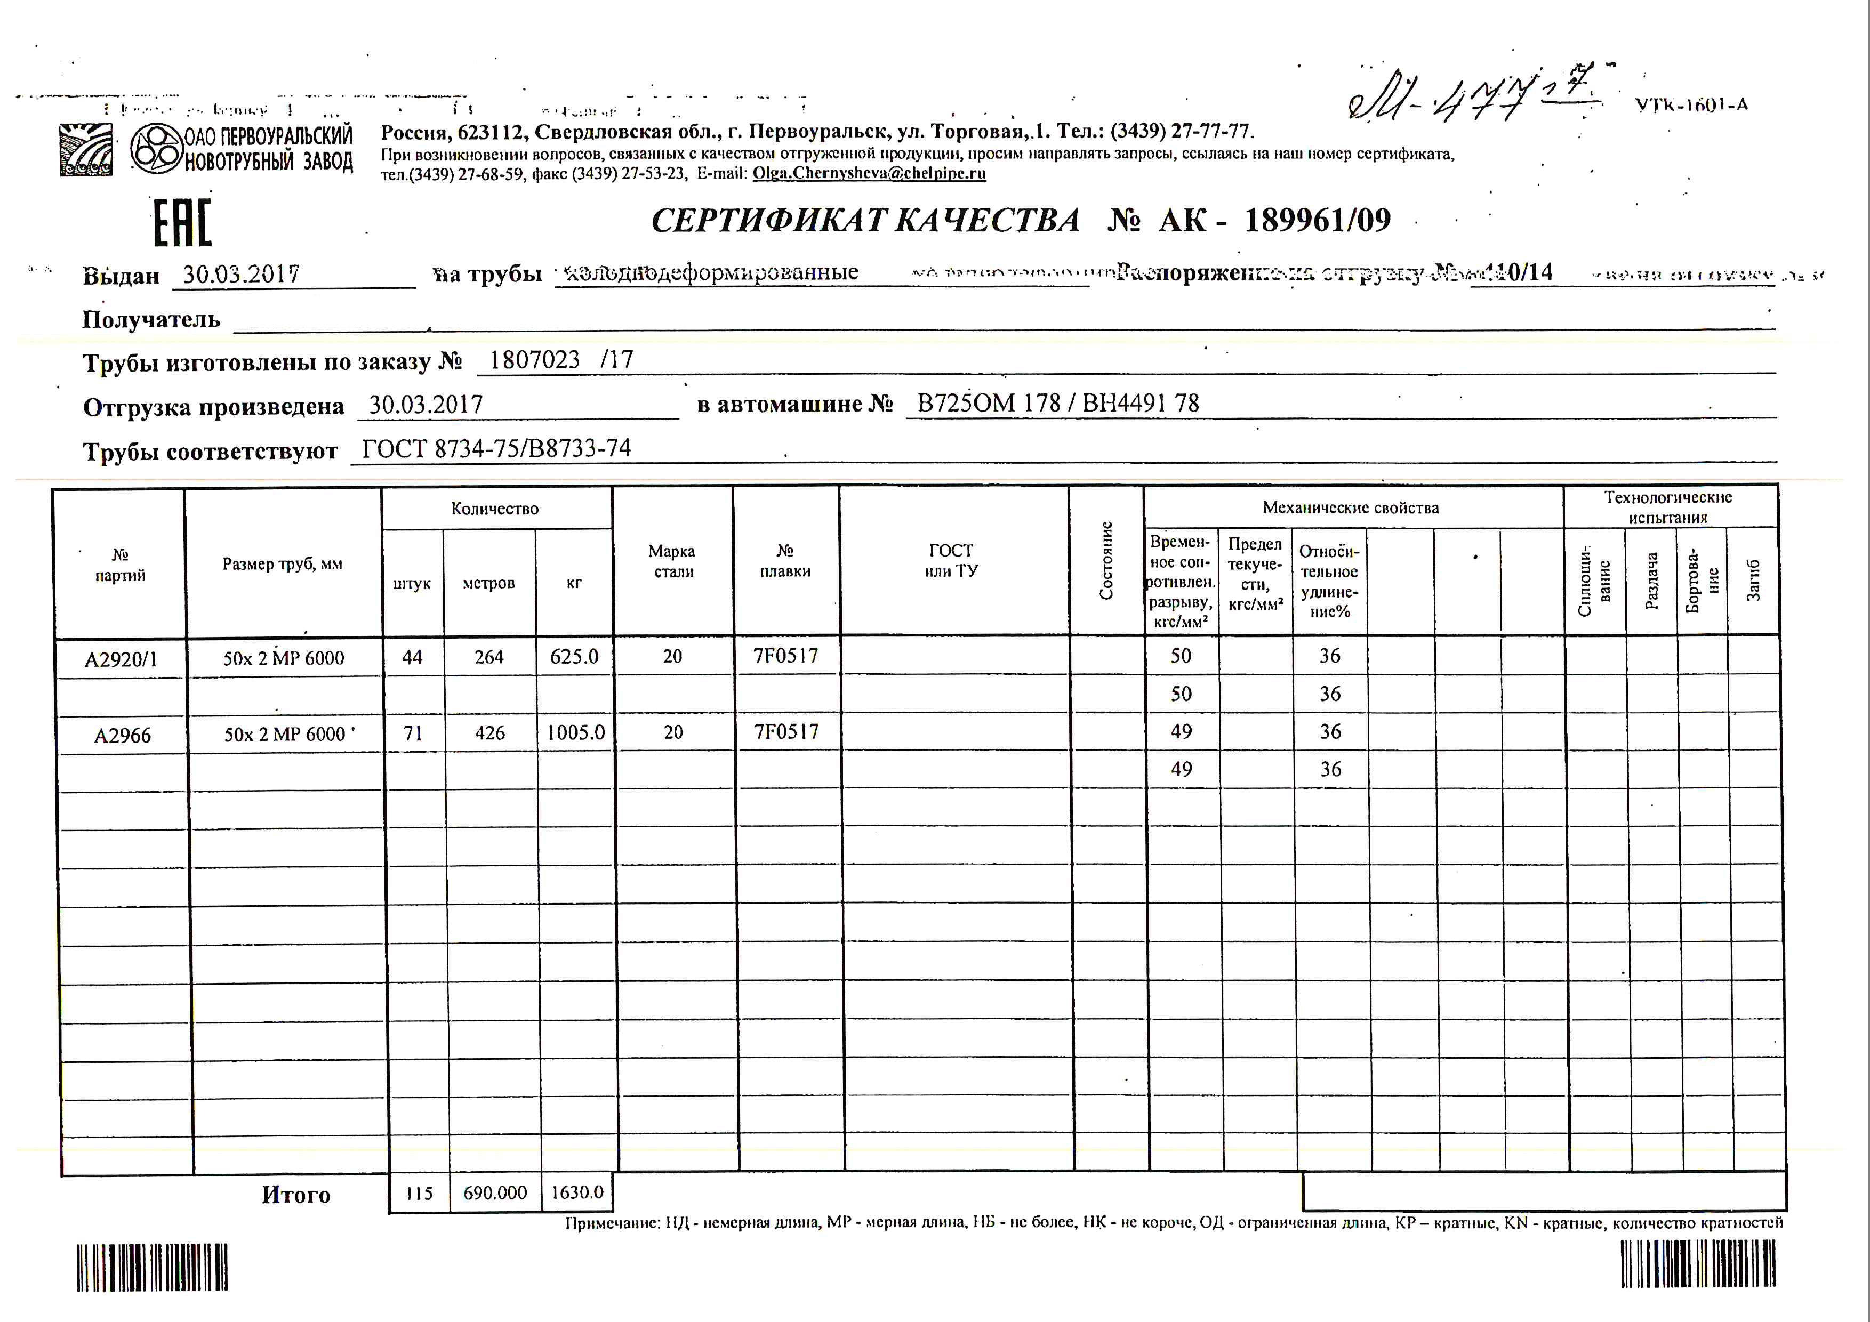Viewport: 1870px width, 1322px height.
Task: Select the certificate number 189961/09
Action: (x=1317, y=220)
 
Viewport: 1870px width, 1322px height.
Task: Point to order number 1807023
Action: (x=534, y=360)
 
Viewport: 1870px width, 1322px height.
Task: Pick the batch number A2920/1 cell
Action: (x=121, y=658)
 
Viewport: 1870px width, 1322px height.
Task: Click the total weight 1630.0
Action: (x=576, y=1192)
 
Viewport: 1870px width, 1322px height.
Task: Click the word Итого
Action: (x=295, y=1194)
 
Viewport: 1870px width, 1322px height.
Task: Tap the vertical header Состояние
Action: (x=1105, y=561)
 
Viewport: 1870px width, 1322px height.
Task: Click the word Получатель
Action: (x=151, y=319)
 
